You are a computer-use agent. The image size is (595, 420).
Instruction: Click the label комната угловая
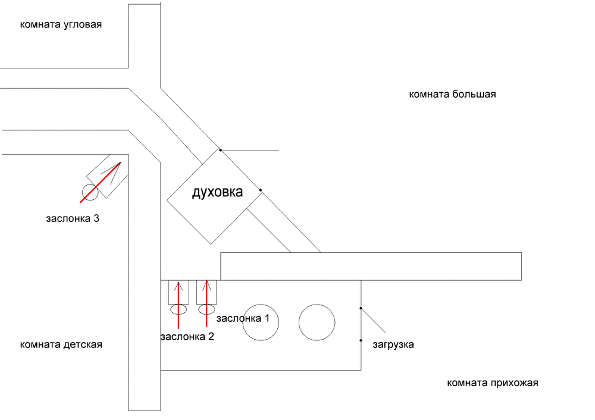pos(61,25)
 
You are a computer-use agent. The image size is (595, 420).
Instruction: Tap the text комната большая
pos(452,94)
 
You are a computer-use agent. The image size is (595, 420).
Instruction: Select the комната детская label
pos(61,344)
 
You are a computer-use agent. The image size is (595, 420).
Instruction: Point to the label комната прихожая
pos(492,383)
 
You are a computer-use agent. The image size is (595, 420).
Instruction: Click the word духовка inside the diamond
pos(217,192)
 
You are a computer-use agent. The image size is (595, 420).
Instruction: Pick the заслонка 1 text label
pos(243,318)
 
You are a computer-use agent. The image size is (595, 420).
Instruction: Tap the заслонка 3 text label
pos(72,218)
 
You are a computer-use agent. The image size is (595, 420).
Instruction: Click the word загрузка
pos(393,344)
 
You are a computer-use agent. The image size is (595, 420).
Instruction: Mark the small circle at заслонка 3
pos(90,192)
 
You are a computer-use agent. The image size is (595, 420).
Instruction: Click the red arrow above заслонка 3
pos(101,181)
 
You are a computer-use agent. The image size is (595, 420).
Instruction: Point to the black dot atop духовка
pos(220,149)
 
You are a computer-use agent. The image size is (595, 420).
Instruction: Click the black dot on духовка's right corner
pos(261,190)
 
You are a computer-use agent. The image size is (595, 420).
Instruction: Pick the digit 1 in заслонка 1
pos(267,318)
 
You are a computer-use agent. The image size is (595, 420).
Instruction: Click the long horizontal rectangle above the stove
pos(371,266)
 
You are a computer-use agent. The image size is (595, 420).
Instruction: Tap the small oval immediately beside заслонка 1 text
pos(206,309)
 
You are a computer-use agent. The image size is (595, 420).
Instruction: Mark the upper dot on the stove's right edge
pos(361,308)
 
